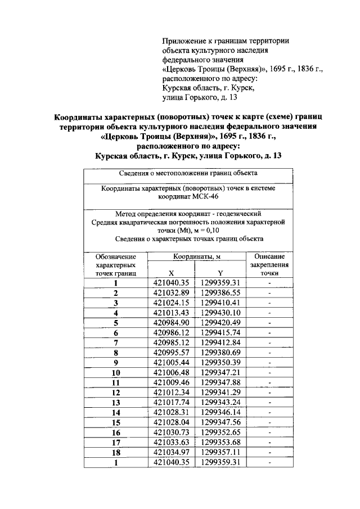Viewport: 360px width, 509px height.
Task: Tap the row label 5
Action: tap(115, 323)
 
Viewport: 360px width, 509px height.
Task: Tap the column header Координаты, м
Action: tap(196, 256)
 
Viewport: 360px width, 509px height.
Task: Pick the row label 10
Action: tap(115, 373)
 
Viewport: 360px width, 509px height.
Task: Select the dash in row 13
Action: tap(269, 403)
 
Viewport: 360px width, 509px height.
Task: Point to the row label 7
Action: tap(115, 343)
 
